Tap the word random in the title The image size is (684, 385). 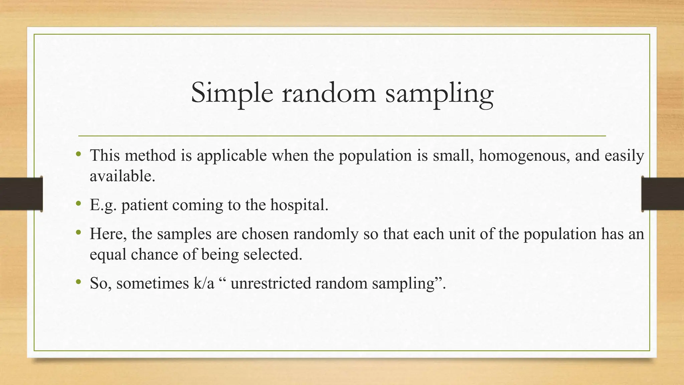[329, 94]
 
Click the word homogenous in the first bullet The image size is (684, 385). [524, 156]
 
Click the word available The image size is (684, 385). [122, 176]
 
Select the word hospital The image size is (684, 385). [299, 205]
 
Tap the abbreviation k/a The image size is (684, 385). [203, 283]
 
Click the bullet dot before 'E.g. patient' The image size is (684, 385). [78, 203]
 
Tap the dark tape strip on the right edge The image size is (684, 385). [663, 194]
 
